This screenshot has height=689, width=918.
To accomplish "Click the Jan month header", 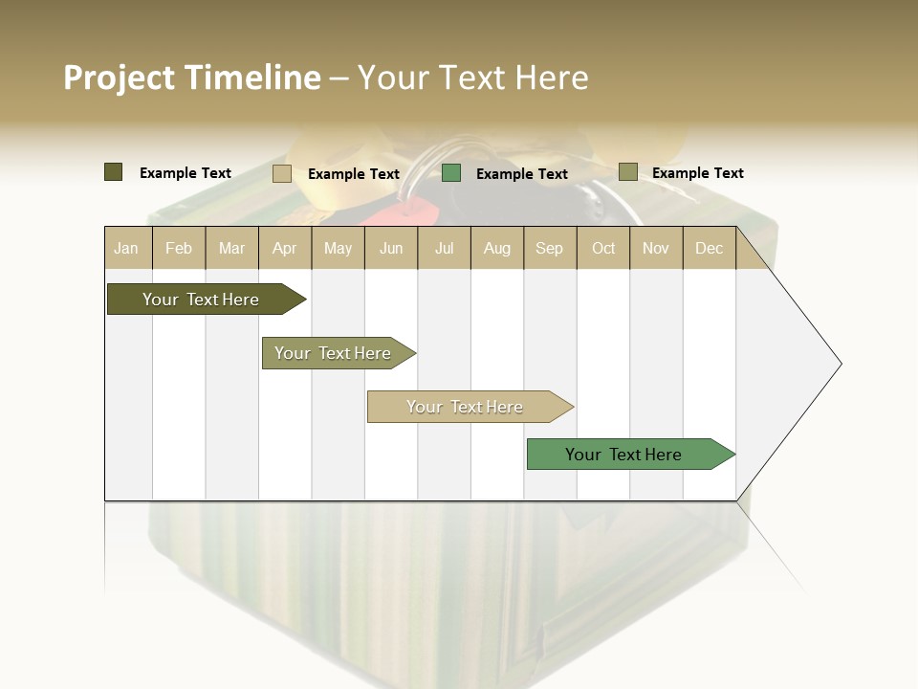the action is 126,249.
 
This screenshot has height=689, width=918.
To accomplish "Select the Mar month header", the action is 231,249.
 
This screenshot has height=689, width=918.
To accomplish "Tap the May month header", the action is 338,249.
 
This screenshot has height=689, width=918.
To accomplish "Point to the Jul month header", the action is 444,249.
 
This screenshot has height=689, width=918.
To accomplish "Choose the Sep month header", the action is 549,249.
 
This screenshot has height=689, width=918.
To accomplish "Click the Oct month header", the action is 603,249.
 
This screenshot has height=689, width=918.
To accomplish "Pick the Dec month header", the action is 709,249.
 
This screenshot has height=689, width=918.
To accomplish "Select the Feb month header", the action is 179,249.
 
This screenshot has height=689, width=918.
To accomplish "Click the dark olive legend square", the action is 114,172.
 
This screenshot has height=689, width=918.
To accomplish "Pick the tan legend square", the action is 282,173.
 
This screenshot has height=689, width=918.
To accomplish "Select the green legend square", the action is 451,173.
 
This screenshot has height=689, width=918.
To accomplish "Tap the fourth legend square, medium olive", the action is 628,172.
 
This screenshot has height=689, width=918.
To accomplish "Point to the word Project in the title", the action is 119,78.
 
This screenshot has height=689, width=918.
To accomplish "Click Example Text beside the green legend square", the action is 522,174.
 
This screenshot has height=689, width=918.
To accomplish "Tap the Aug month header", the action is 496,249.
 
